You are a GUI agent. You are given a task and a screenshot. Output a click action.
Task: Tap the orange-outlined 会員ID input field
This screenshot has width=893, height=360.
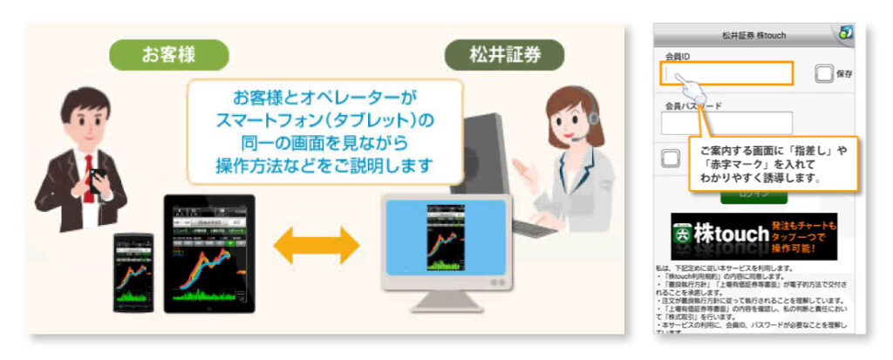[x=726, y=74]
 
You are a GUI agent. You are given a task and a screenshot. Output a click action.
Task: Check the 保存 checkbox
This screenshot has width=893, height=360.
[x=823, y=74]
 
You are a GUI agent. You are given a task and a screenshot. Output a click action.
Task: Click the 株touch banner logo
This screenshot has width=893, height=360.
[x=751, y=236]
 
